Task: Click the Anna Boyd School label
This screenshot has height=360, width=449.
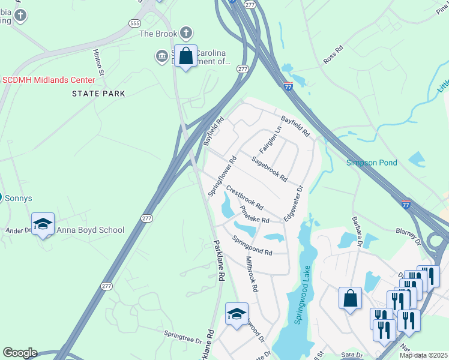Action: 90,230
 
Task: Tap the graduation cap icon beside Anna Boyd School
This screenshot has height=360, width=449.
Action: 43,224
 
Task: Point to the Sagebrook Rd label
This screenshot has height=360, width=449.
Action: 270,169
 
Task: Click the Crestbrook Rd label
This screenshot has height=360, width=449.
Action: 245,197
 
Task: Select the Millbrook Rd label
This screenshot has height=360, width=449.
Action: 252,275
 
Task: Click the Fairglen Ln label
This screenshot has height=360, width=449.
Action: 270,139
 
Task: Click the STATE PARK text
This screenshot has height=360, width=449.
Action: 98,94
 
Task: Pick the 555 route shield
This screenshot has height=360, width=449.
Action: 134,23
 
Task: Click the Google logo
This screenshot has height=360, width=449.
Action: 20,353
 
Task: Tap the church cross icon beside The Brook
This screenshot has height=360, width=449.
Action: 186,33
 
